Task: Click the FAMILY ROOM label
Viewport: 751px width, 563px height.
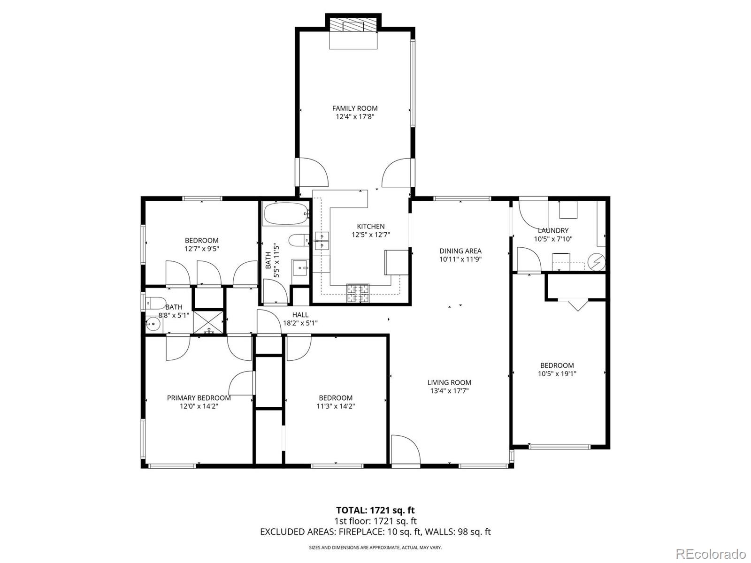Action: coord(355,108)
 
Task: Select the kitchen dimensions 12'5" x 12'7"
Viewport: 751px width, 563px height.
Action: coord(371,235)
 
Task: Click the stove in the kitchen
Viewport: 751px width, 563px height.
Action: coord(358,293)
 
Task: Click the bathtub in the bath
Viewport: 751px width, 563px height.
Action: coord(285,214)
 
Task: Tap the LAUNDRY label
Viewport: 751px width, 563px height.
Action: coord(553,230)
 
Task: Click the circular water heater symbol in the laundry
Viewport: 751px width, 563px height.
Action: coord(597,261)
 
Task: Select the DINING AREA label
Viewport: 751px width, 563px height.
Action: coord(460,251)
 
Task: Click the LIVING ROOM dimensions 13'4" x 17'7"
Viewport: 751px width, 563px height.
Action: coord(449,391)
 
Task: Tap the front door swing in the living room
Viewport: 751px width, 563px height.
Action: coord(405,449)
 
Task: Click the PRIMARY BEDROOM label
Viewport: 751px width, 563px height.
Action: coord(199,398)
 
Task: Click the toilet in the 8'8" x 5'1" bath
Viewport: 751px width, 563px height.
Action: coord(155,302)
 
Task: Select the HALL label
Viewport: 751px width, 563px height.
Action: coord(300,315)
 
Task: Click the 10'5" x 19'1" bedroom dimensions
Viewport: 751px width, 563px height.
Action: coord(557,374)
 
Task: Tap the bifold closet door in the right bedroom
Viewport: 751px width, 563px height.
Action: coord(578,304)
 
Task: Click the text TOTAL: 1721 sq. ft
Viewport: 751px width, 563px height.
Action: coord(375,510)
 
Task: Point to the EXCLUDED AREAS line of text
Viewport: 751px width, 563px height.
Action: coord(375,532)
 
